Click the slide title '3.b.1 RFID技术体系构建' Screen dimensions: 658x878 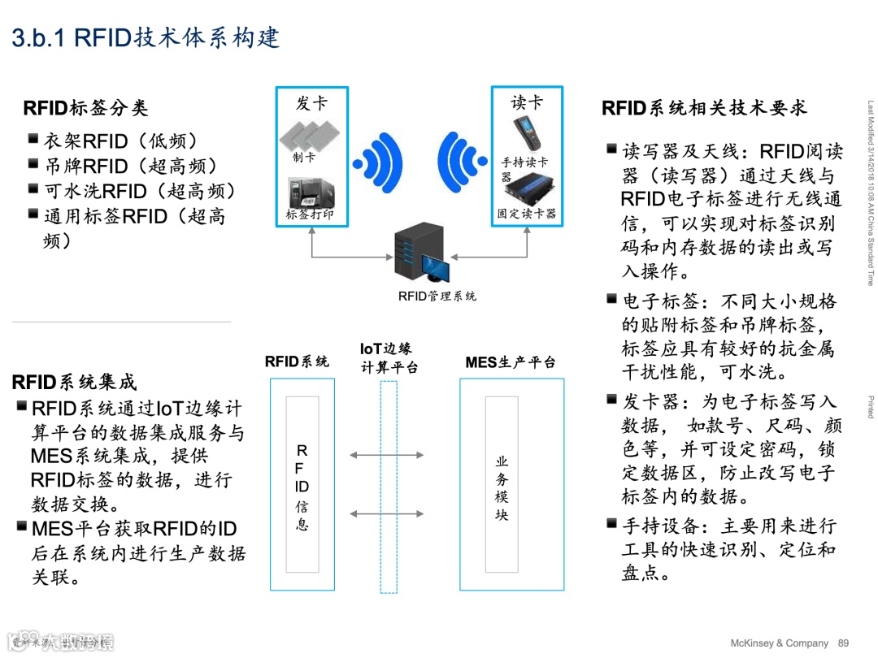tap(146, 38)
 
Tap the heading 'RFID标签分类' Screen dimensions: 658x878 tap(86, 108)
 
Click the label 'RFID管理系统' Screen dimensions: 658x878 tap(437, 297)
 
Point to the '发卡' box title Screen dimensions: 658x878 tap(311, 103)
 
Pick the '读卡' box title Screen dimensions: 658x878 tap(527, 102)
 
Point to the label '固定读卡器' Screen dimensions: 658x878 tap(527, 214)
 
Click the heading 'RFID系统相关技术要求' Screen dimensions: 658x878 tap(704, 108)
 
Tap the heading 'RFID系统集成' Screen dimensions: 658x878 tap(75, 382)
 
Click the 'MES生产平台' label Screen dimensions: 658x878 tap(511, 362)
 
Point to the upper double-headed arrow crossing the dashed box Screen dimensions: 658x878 tap(387, 456)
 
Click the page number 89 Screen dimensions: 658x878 tap(843, 643)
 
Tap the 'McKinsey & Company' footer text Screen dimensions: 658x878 tap(779, 643)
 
